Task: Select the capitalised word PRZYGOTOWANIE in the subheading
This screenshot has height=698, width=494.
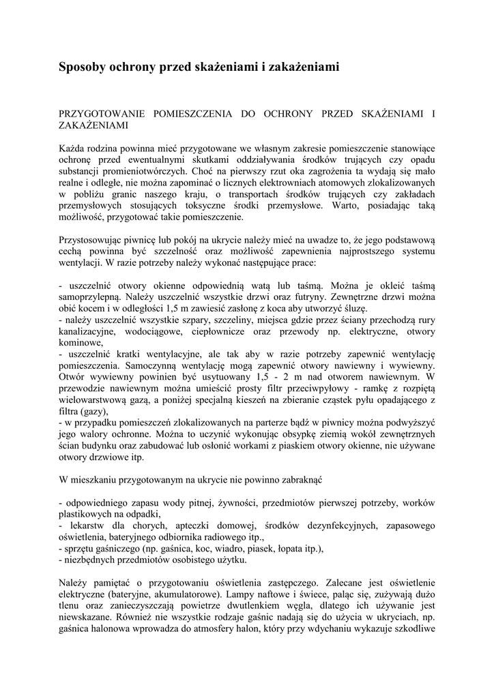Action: coord(108,112)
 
